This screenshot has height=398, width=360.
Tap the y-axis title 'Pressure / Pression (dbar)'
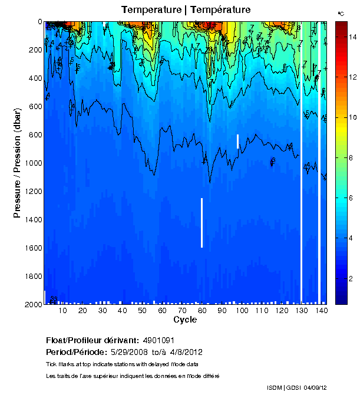click(17, 163)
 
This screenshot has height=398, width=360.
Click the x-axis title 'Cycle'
click(181, 320)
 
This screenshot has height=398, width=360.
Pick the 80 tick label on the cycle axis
click(202, 310)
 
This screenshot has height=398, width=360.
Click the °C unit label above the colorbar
click(341, 13)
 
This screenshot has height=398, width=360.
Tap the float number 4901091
click(160, 341)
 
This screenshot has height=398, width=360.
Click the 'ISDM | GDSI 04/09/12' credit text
click(296, 387)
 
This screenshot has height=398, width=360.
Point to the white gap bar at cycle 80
click(202, 223)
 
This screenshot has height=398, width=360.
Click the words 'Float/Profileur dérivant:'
click(92, 341)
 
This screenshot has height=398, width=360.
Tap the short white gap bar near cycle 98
click(237, 142)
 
